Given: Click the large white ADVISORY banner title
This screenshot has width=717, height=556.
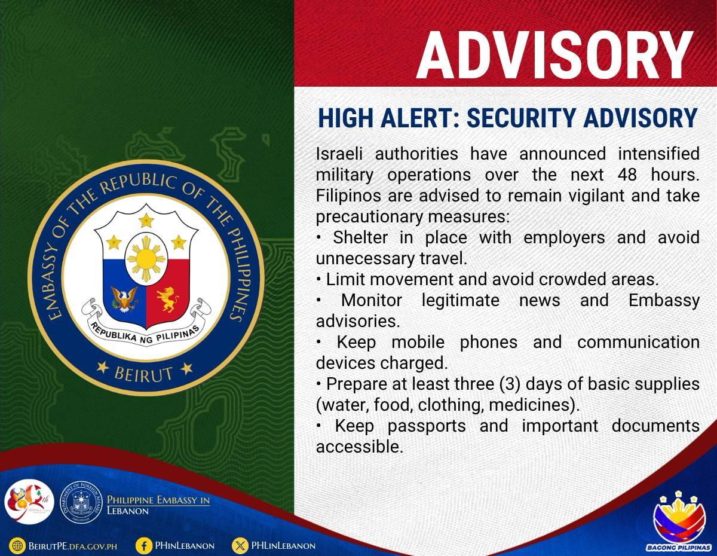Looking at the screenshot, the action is tap(555, 55).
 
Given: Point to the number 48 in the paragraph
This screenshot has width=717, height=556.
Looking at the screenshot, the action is tap(627, 175).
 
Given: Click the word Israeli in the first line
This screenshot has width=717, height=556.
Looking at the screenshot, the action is tap(339, 154).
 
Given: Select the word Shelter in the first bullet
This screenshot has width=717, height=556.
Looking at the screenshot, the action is tap(360, 237).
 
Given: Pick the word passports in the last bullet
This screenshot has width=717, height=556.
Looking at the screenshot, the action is tap(426, 426).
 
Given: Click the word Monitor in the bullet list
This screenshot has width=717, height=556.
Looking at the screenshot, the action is tap(372, 301).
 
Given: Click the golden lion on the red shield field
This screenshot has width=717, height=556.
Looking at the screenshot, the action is tap(167, 299).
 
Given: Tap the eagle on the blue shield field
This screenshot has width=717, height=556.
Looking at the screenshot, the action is tap(124, 299).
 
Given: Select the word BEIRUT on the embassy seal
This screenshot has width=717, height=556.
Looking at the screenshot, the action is tap(143, 374).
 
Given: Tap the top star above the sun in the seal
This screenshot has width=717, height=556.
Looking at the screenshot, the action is tap(146, 220).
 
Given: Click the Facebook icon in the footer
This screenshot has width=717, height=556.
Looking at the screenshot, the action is tap(144, 546).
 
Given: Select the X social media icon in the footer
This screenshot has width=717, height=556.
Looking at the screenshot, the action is tap(240, 546).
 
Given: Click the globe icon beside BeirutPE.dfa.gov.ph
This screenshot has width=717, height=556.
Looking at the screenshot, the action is tap(17, 546).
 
